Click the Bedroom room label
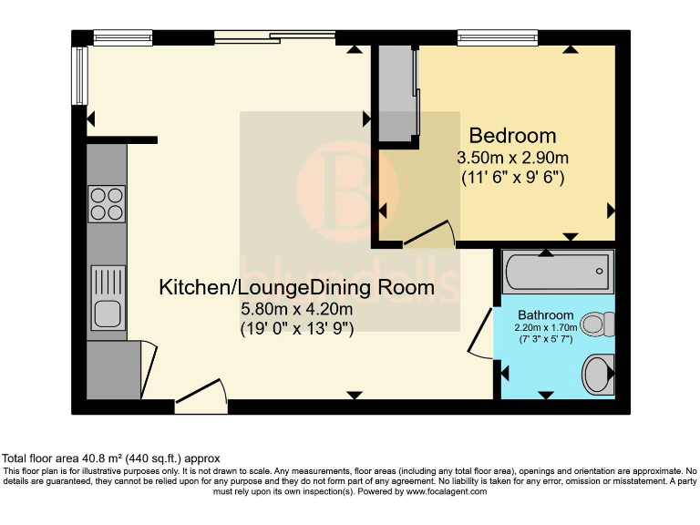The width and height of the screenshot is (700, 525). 512,137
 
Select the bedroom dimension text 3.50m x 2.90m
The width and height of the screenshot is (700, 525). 512,158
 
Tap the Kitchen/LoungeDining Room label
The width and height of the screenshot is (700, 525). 296,288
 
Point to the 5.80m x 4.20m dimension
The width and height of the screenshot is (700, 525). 296,309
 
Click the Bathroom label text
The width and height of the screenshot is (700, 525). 546,315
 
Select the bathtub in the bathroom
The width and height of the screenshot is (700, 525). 556,272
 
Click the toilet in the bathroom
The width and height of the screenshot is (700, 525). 598,324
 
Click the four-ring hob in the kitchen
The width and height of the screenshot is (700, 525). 107,203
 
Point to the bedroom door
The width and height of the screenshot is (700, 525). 428,235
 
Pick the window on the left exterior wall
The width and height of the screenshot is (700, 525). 79,76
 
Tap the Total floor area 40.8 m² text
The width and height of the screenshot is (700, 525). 110,458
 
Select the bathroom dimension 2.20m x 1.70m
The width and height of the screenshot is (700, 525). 546,327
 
